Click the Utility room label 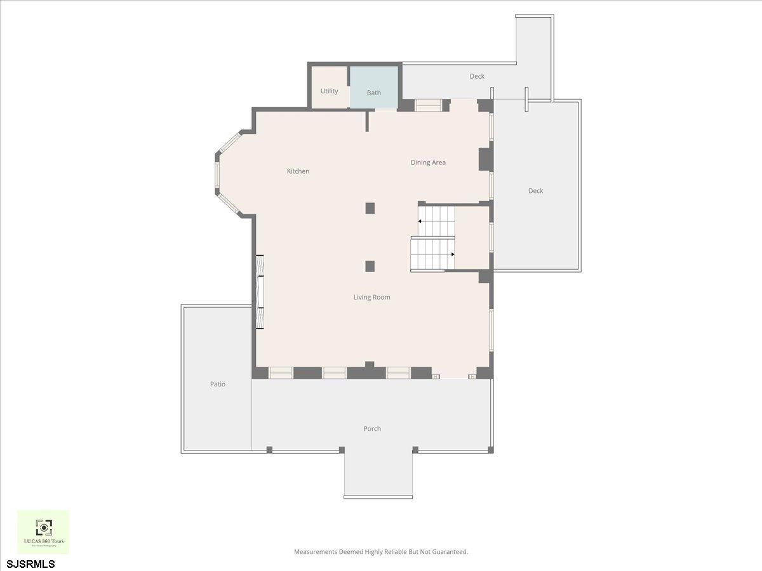(329, 91)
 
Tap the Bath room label (374, 93)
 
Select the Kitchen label (298, 171)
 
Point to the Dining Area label (428, 162)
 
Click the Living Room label (371, 297)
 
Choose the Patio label (218, 384)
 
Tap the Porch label (372, 429)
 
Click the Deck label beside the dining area (535, 191)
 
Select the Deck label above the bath (477, 76)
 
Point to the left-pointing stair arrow (420, 221)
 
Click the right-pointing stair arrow (452, 254)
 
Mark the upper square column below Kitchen (370, 208)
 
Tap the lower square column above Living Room (370, 266)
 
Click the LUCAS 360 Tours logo (43, 532)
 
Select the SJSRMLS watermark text (31, 563)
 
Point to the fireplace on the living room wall (260, 292)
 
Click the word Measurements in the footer (315, 552)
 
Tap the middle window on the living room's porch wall (334, 373)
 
